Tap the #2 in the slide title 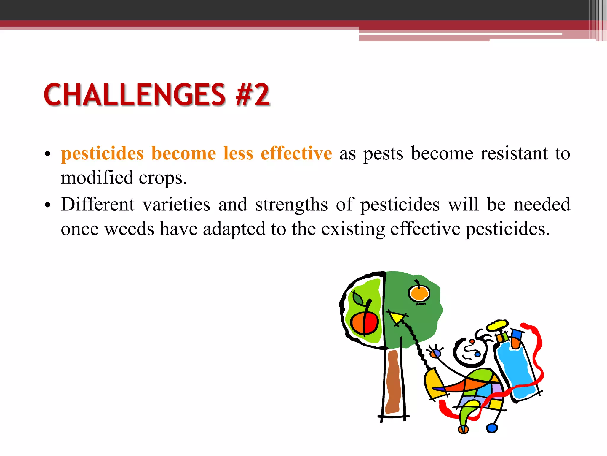253,95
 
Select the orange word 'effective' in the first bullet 296,153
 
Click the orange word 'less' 238,153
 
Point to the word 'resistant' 514,153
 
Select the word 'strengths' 291,205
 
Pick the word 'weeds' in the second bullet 130,229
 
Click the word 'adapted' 234,229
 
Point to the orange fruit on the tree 419,293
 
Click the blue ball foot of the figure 492,428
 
